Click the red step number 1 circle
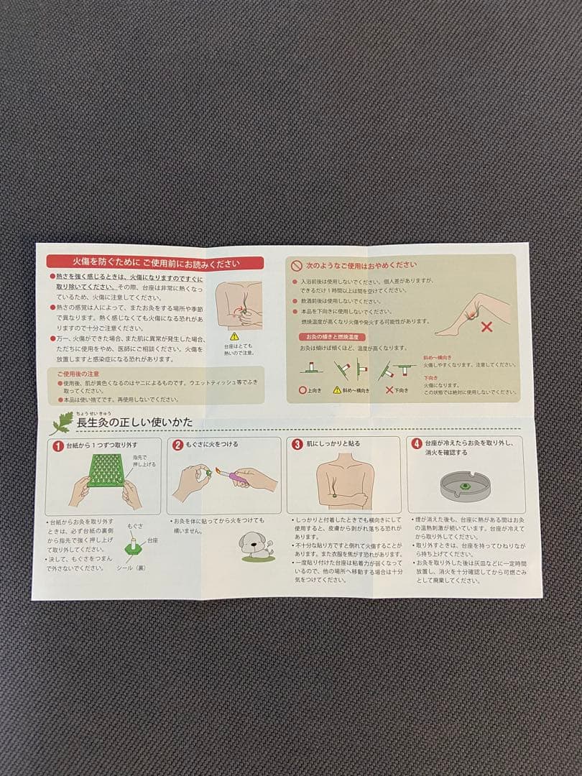point(57,445)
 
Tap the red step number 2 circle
point(177,445)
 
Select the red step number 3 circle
point(297,444)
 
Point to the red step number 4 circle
point(417,443)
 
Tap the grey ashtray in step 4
point(465,486)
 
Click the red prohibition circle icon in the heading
point(295,265)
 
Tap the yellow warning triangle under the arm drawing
point(234,336)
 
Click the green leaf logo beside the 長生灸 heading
point(62,423)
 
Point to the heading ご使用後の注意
point(78,374)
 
